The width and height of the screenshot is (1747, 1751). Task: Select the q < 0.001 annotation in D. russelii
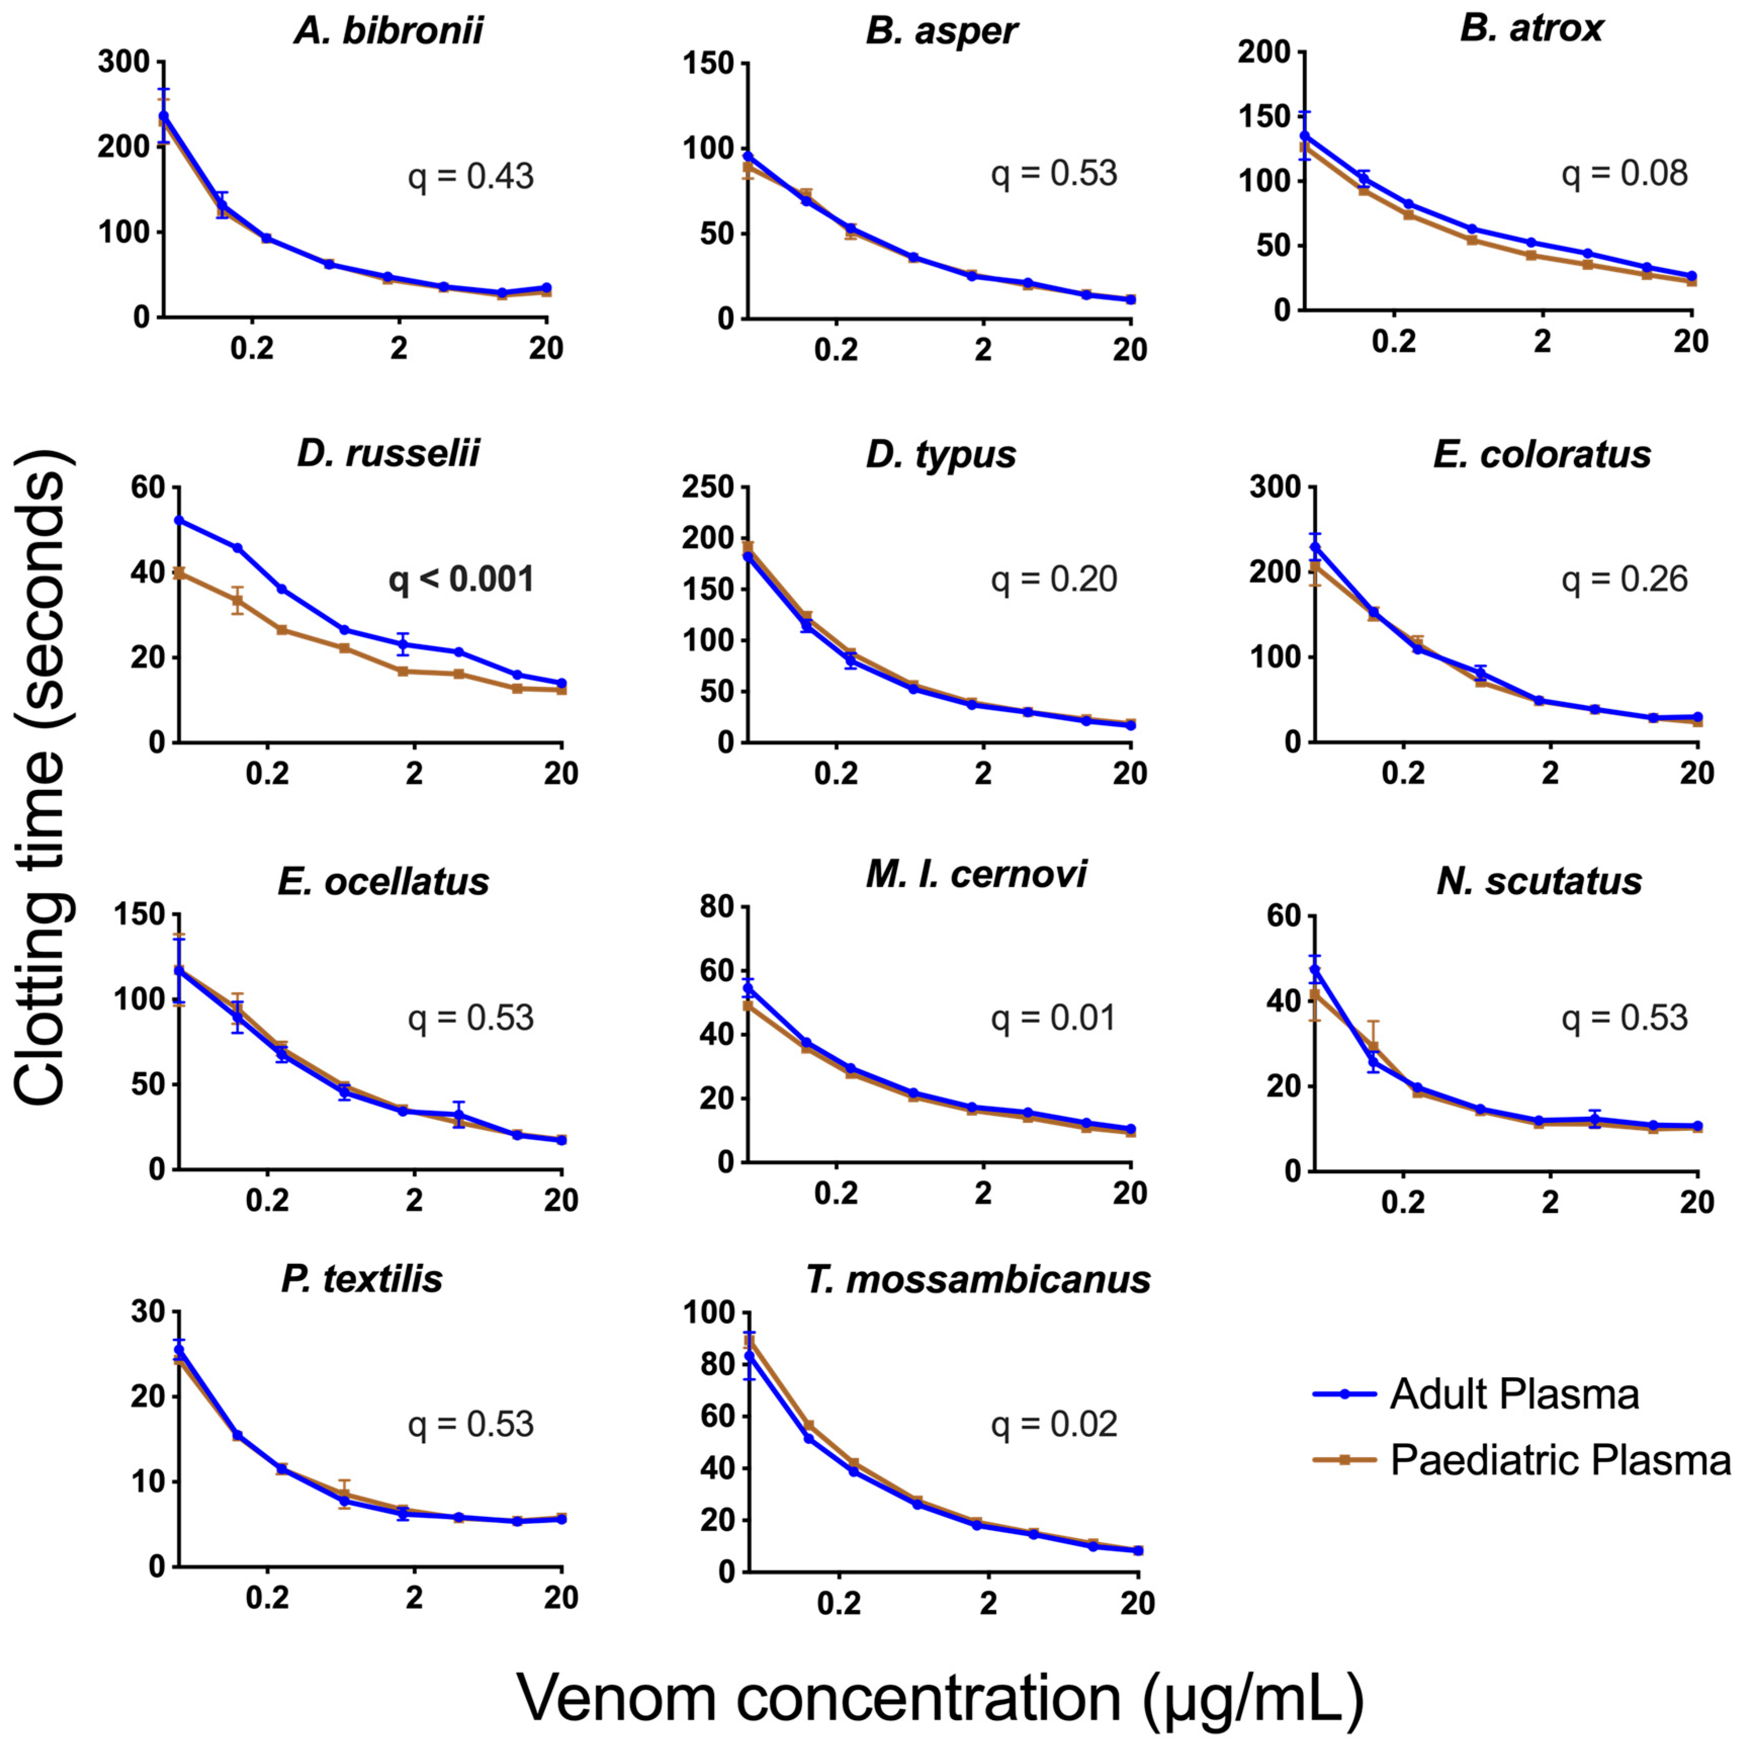(x=461, y=580)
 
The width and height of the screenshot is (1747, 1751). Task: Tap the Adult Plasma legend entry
(x=1513, y=1395)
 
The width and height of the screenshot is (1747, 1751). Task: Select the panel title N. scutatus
(x=1539, y=881)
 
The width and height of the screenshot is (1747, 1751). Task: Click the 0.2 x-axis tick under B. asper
(x=835, y=350)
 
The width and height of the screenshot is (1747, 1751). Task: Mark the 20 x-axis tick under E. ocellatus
(x=561, y=1202)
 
